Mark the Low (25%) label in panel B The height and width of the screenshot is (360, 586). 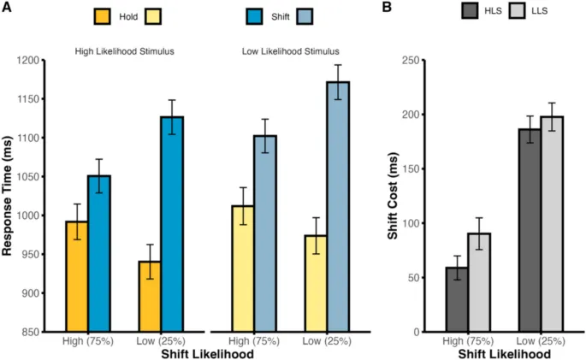pos(539,341)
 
